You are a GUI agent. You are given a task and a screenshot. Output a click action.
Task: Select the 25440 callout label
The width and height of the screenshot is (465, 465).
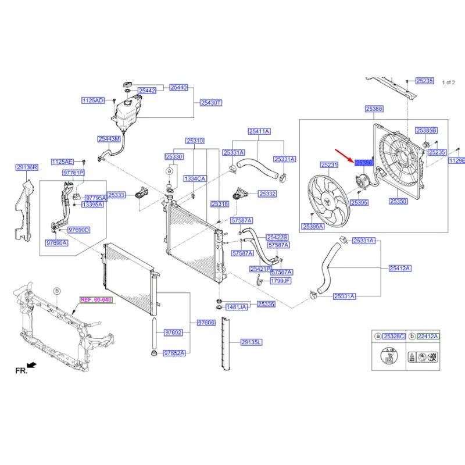(179, 88)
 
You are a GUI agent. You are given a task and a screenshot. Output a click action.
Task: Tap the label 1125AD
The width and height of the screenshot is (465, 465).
(92, 101)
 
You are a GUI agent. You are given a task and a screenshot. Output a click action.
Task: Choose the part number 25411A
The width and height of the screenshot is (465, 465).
(259, 131)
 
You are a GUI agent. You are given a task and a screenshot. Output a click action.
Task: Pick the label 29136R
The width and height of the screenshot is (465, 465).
(27, 167)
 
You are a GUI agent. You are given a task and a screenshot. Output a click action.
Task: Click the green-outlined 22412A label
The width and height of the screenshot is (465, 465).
(428, 337)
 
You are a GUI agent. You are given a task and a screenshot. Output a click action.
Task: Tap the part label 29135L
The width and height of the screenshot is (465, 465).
(252, 342)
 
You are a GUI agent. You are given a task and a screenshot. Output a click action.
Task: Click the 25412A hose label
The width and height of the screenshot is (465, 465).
(399, 268)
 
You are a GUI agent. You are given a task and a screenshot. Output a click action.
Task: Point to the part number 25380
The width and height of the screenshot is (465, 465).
(374, 109)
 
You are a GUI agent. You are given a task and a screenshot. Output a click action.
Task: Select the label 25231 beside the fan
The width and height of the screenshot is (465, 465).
(329, 166)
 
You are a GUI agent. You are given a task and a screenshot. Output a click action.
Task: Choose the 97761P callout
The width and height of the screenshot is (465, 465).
(73, 173)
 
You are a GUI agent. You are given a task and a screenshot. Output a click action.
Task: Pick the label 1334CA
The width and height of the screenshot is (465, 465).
(195, 178)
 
